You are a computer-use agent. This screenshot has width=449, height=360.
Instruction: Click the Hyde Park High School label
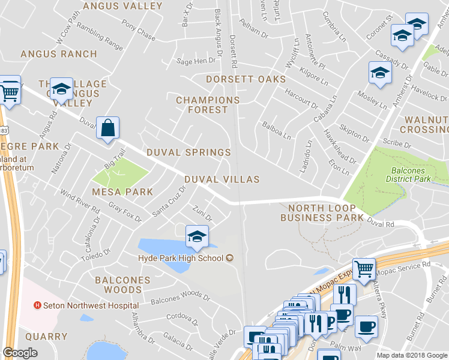(x=180, y=258)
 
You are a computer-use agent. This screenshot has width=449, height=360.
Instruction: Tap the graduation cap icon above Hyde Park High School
(x=197, y=238)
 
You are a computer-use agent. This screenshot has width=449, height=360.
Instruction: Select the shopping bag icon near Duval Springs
(x=107, y=128)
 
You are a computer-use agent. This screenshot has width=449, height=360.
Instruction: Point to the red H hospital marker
(x=38, y=305)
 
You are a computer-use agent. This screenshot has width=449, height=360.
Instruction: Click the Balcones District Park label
(x=408, y=175)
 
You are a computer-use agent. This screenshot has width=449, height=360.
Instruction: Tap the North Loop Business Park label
(x=322, y=212)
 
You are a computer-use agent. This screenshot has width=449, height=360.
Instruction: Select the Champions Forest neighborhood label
(x=208, y=105)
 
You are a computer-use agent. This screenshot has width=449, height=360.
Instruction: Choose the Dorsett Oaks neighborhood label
(x=246, y=79)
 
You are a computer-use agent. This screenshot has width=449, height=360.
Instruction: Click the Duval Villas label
(x=221, y=179)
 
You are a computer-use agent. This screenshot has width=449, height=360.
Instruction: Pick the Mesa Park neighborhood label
(x=122, y=192)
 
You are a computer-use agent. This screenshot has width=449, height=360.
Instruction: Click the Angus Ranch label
(x=59, y=54)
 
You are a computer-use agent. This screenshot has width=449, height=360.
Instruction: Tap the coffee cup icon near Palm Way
(x=366, y=327)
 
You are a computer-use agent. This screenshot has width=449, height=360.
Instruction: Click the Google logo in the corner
(x=20, y=353)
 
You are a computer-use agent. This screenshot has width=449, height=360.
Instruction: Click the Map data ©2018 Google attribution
(x=412, y=355)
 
